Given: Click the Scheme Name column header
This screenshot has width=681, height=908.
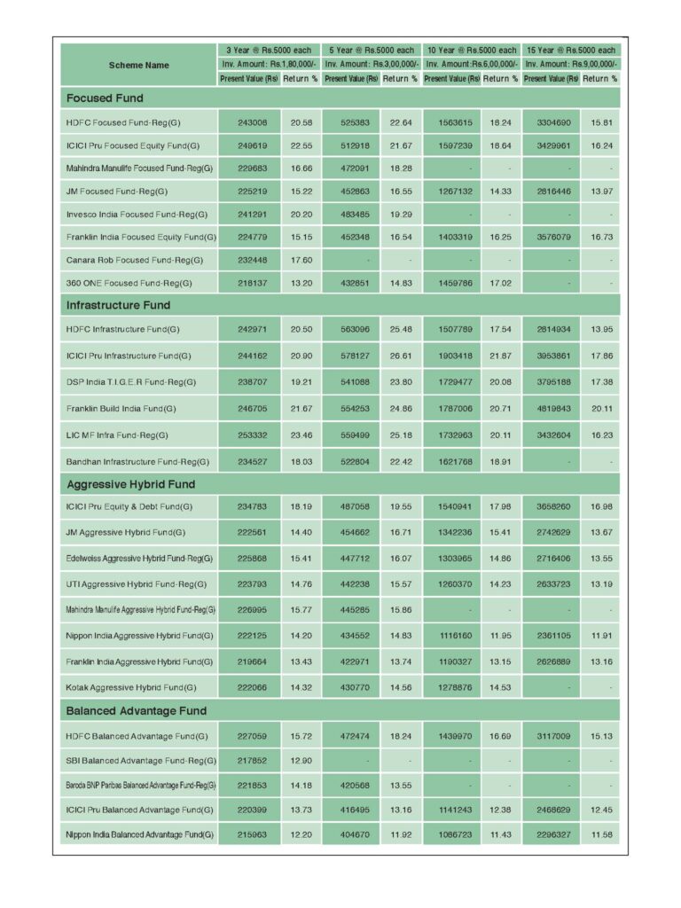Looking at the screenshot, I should (x=138, y=65).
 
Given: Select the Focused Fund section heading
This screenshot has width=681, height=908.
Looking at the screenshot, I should (x=105, y=98).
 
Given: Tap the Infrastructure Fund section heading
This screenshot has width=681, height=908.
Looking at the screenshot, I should (x=118, y=305).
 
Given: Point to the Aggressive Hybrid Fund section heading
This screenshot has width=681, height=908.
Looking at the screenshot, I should (x=130, y=484).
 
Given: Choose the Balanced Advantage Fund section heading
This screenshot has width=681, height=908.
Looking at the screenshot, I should (x=136, y=710).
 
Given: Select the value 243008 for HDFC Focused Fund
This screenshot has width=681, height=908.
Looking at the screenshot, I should (x=249, y=121).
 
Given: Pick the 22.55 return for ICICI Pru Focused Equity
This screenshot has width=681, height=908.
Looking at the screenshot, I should (x=301, y=145).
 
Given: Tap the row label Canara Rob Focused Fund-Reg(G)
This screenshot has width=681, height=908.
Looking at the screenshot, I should (x=135, y=260).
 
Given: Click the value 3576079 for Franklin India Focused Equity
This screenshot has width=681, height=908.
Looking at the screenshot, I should (x=551, y=237).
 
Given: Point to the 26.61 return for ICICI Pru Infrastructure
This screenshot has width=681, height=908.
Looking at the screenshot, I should (x=401, y=356).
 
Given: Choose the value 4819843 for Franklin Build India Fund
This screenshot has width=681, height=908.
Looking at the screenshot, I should (x=551, y=408).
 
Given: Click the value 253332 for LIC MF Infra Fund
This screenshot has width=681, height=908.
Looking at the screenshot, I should (x=249, y=434).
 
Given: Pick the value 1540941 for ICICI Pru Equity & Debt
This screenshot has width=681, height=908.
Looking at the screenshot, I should (x=452, y=507).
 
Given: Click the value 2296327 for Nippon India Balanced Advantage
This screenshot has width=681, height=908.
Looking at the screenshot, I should (x=551, y=834).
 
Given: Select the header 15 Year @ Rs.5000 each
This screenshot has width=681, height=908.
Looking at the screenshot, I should (x=571, y=51).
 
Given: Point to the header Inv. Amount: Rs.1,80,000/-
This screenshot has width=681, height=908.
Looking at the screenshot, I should (x=270, y=65).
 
